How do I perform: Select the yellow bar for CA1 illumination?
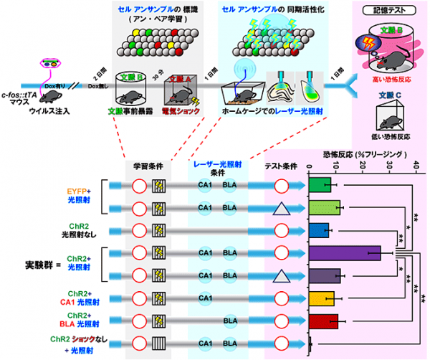[322, 298]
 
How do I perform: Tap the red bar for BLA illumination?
[323, 321]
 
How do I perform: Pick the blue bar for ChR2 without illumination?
[320, 231]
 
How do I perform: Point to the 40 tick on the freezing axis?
[416, 166]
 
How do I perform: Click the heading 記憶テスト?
[387, 12]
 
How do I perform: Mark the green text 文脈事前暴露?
[121, 111]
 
